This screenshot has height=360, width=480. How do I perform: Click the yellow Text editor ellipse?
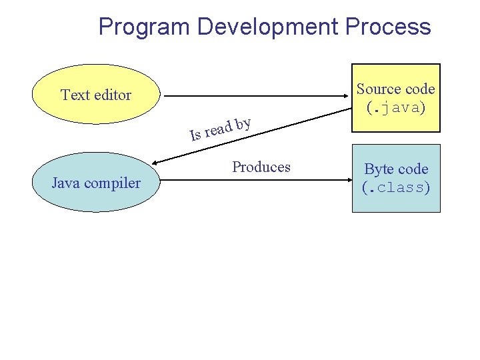96,95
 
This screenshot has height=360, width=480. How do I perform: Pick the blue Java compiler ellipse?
96,183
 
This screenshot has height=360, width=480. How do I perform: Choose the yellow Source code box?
396,97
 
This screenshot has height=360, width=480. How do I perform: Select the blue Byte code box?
396,178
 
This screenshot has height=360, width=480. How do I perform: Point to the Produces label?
261,167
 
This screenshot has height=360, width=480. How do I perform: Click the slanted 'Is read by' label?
220,129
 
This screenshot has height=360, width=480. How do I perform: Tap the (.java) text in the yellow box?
396,107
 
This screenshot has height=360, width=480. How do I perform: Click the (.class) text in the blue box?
396,187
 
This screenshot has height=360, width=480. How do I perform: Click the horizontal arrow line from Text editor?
253,96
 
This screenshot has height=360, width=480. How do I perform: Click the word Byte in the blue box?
377,169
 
